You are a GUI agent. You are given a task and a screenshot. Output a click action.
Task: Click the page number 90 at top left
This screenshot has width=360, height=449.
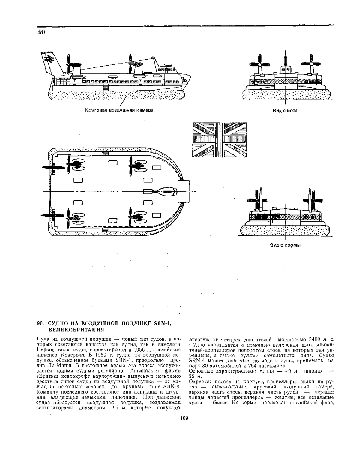point(41,32)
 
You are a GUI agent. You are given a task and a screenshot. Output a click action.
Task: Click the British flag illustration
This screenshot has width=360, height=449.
point(219,140)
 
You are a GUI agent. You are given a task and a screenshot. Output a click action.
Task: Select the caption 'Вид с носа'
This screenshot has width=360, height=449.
point(285,111)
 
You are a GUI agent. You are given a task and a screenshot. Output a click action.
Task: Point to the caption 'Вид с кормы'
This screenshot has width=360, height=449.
point(285,245)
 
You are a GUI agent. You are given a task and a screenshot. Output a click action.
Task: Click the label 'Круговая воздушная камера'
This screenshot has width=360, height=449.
point(119,110)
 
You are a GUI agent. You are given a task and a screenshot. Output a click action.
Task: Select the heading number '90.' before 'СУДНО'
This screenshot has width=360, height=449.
point(40,323)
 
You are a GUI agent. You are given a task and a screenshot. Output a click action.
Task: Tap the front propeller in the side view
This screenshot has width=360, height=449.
point(130,64)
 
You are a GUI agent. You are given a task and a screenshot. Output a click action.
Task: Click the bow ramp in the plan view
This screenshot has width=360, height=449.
point(186,191)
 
